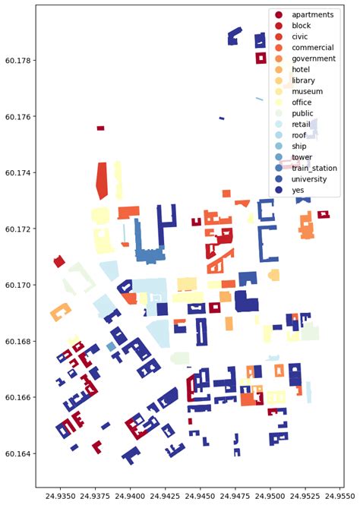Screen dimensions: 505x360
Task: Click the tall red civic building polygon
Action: (102, 181)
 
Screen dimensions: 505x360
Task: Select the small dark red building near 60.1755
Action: (100, 128)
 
